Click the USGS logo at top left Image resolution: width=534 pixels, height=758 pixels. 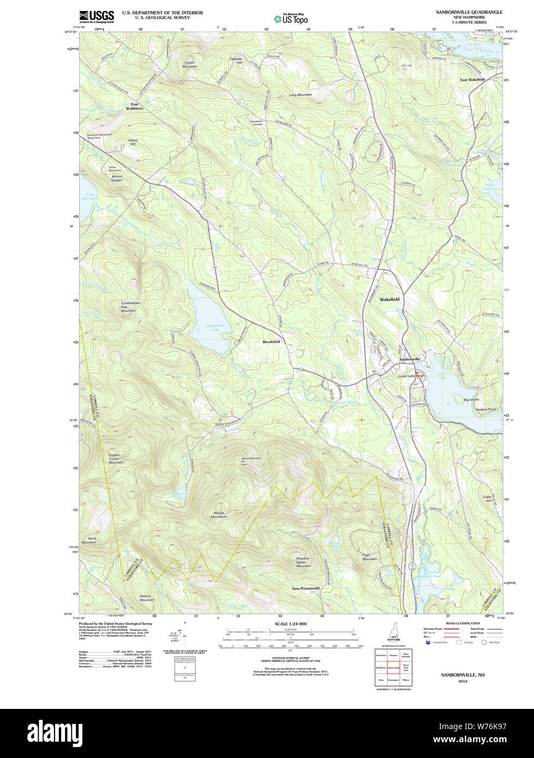tap(97, 16)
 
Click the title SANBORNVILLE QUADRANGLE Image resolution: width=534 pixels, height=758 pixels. tap(469, 12)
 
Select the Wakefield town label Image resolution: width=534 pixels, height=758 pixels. tap(389, 299)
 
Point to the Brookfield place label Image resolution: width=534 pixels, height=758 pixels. tap(271, 341)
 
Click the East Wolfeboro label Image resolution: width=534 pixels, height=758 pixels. tap(134, 106)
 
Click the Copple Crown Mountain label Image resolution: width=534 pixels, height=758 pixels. tap(113, 459)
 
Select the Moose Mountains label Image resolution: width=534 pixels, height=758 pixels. tap(219, 514)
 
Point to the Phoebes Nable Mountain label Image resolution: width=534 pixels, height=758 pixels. tap(303, 562)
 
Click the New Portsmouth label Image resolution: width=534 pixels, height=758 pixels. tap(306, 588)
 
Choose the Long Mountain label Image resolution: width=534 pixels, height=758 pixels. tap(300, 95)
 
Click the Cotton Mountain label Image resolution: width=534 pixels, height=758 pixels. tap(190, 64)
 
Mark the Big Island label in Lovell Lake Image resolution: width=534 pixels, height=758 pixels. tap(471, 400)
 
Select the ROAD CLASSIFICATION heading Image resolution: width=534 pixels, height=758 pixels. tap(463, 623)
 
